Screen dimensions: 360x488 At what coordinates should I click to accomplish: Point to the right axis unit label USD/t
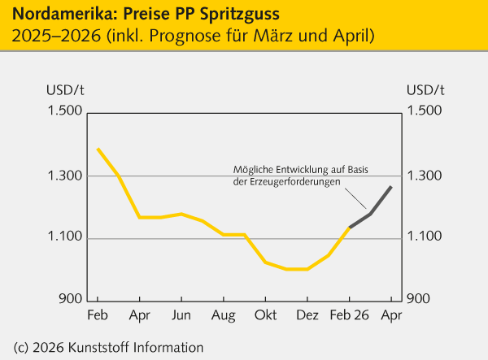click(425, 89)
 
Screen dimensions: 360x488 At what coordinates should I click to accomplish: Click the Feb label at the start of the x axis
click(97, 314)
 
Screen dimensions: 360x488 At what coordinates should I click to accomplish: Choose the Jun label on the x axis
click(181, 314)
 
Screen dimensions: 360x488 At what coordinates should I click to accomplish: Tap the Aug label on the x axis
click(223, 314)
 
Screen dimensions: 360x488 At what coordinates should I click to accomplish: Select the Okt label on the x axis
click(265, 314)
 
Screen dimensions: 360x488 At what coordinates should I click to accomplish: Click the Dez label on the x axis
click(307, 314)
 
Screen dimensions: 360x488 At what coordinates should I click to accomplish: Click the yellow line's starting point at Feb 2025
click(98, 149)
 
